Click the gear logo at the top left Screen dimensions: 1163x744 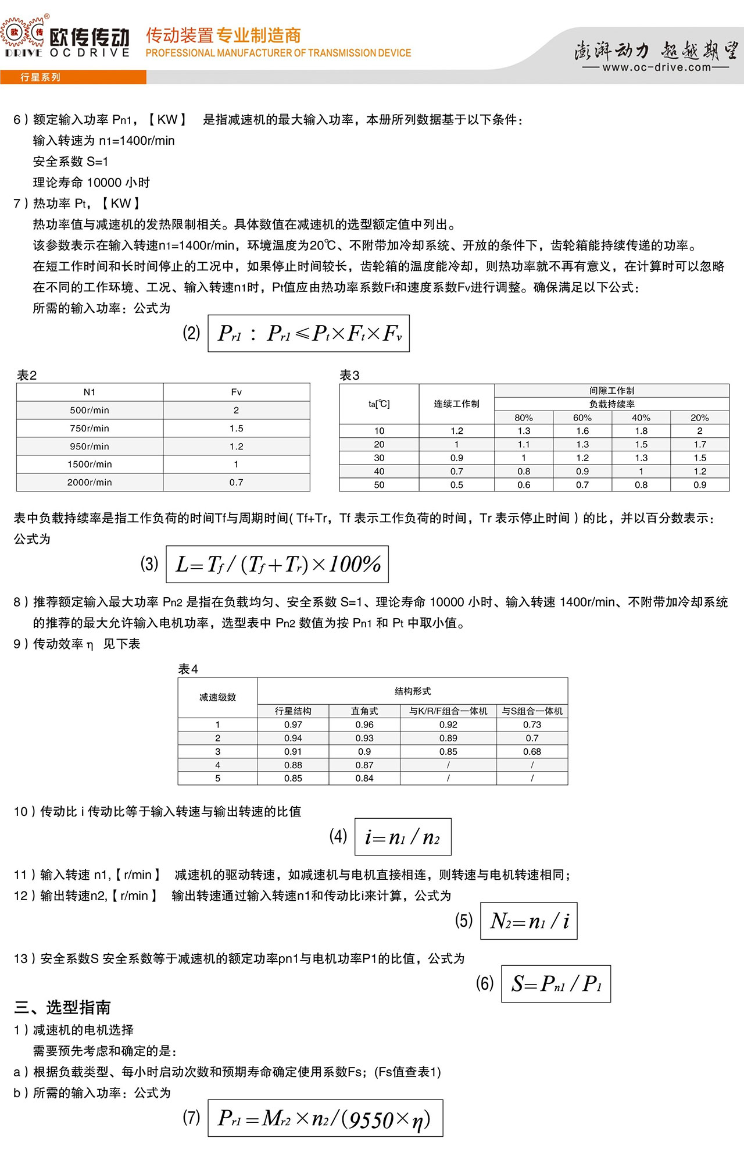pyautogui.click(x=23, y=33)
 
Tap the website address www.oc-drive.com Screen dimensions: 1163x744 pyautogui.click(x=656, y=67)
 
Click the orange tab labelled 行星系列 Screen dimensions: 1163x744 pyautogui.click(x=40, y=77)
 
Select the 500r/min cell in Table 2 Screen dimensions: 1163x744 pyautogui.click(x=90, y=410)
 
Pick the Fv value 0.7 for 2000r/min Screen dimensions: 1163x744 pyautogui.click(x=236, y=482)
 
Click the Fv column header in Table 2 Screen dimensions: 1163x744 pyautogui.click(x=236, y=392)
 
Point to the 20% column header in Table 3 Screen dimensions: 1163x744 pyautogui.click(x=699, y=418)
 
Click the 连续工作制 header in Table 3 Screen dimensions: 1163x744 pyautogui.click(x=456, y=404)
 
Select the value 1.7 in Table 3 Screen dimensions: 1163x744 pyautogui.click(x=699, y=444)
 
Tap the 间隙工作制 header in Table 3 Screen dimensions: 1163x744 pyautogui.click(x=611, y=391)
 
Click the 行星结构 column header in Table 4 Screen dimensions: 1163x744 pyautogui.click(x=293, y=711)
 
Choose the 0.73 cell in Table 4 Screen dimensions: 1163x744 pyautogui.click(x=532, y=725)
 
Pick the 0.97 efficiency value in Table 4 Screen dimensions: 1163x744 pyautogui.click(x=293, y=725)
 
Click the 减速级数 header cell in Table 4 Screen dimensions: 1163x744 pyautogui.click(x=217, y=697)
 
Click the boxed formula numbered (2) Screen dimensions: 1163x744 pyautogui.click(x=309, y=333)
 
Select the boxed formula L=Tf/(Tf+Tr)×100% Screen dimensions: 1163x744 pyautogui.click(x=277, y=564)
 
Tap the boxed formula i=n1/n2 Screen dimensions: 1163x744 pyautogui.click(x=403, y=837)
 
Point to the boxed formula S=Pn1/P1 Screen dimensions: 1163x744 pyautogui.click(x=556, y=983)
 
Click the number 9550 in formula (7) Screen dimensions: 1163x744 pyautogui.click(x=371, y=1120)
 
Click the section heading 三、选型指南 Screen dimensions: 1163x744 pyautogui.click(x=62, y=1007)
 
